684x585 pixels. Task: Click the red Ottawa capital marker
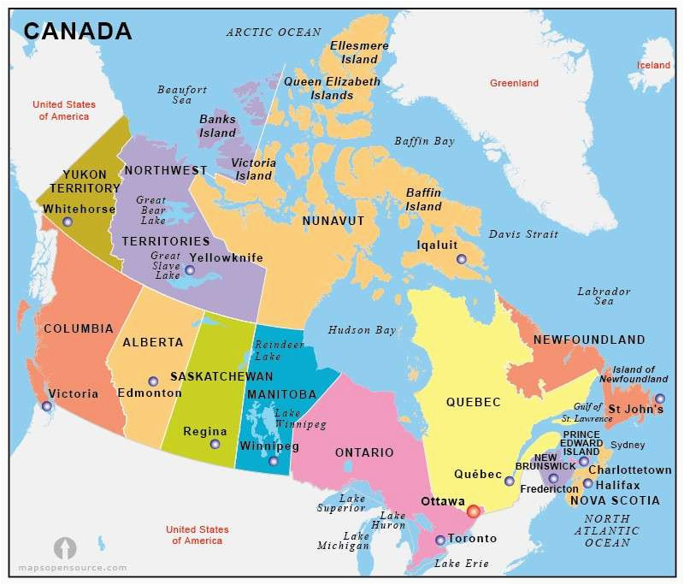coord(473,511)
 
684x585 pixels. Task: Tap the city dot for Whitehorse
coord(68,222)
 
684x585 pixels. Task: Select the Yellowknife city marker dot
coord(190,270)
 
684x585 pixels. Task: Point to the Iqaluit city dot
coord(462,259)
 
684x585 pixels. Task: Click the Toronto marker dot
coord(439,540)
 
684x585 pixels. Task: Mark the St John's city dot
coord(659,399)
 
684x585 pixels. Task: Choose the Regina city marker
coord(215,444)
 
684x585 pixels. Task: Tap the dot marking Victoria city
coord(47,406)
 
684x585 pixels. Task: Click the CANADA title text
coord(78,32)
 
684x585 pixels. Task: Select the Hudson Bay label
coord(362,330)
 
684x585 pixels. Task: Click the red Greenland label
coord(514,83)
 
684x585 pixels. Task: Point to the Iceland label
coord(654,65)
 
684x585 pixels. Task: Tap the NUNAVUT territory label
coord(333,221)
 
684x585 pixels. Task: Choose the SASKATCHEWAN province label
coord(221,376)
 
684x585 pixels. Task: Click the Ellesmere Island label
coord(359,52)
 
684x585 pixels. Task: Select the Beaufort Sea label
coord(182,94)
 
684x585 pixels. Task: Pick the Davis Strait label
coord(523,233)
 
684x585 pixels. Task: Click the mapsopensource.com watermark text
coord(73,568)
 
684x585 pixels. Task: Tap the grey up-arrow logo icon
coord(65,548)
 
